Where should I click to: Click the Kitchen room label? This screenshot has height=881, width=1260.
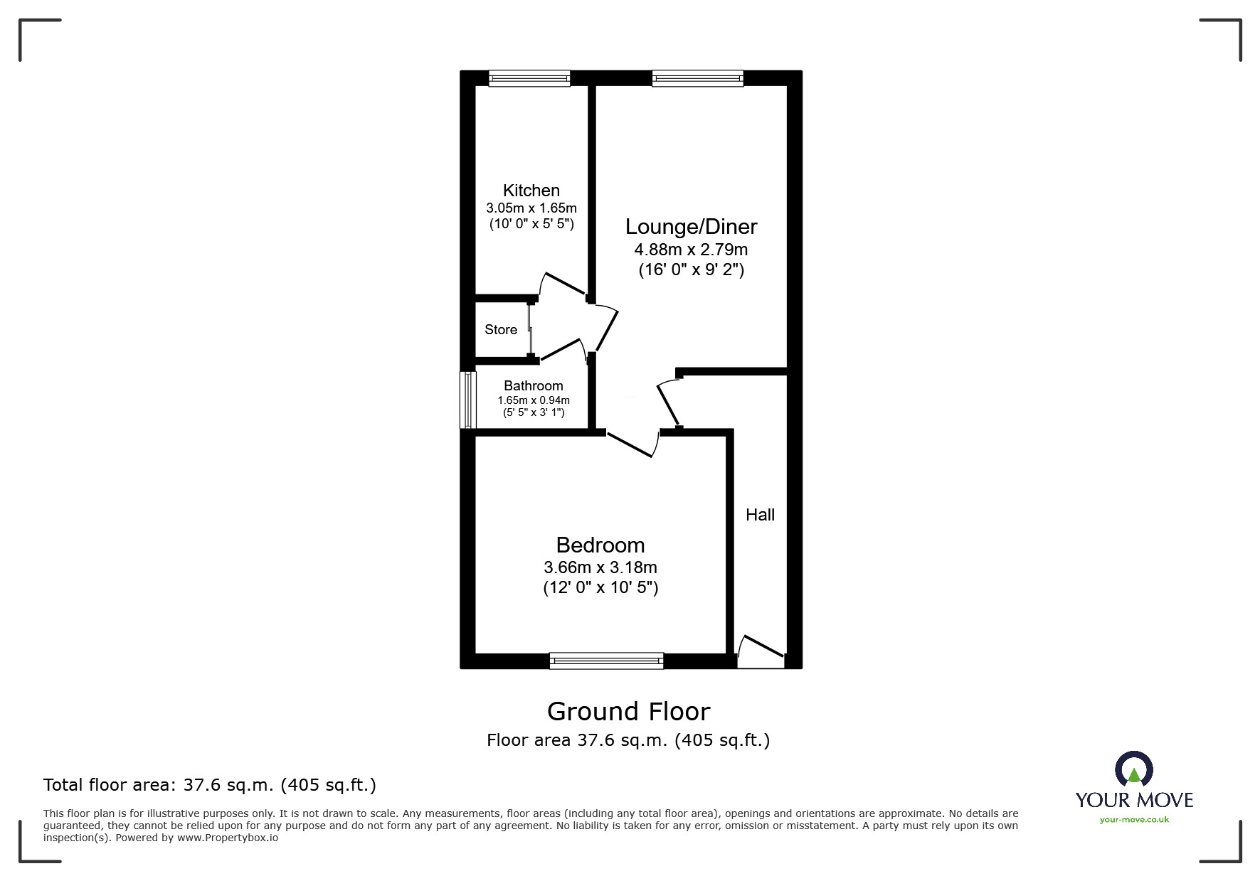(x=531, y=191)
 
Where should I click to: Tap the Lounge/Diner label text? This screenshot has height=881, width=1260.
(x=691, y=227)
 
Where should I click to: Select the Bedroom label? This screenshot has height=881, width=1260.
(x=600, y=545)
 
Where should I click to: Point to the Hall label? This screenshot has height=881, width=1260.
(x=760, y=515)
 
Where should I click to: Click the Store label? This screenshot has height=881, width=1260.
(x=501, y=330)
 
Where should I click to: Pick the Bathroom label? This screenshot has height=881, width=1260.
(x=533, y=386)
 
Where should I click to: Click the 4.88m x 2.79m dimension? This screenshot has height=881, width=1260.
(x=691, y=250)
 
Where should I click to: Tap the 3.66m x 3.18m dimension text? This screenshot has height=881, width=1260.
(x=600, y=567)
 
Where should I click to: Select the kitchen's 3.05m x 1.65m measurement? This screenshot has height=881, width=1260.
(x=531, y=208)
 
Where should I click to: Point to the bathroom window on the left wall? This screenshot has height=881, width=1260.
(x=467, y=400)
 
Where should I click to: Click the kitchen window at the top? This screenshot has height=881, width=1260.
(x=529, y=78)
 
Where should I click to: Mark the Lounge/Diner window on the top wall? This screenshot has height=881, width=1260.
(x=697, y=78)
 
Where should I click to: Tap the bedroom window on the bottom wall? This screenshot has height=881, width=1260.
(x=606, y=661)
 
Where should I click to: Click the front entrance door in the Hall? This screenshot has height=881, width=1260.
(x=761, y=653)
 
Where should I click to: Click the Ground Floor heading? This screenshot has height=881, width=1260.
(x=628, y=712)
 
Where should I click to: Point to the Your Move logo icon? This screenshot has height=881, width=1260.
(x=1133, y=770)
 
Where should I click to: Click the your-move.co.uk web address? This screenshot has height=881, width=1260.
(x=1134, y=820)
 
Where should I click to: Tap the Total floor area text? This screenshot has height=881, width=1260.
(x=209, y=785)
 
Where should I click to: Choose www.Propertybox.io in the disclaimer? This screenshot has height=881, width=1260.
(x=228, y=838)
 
